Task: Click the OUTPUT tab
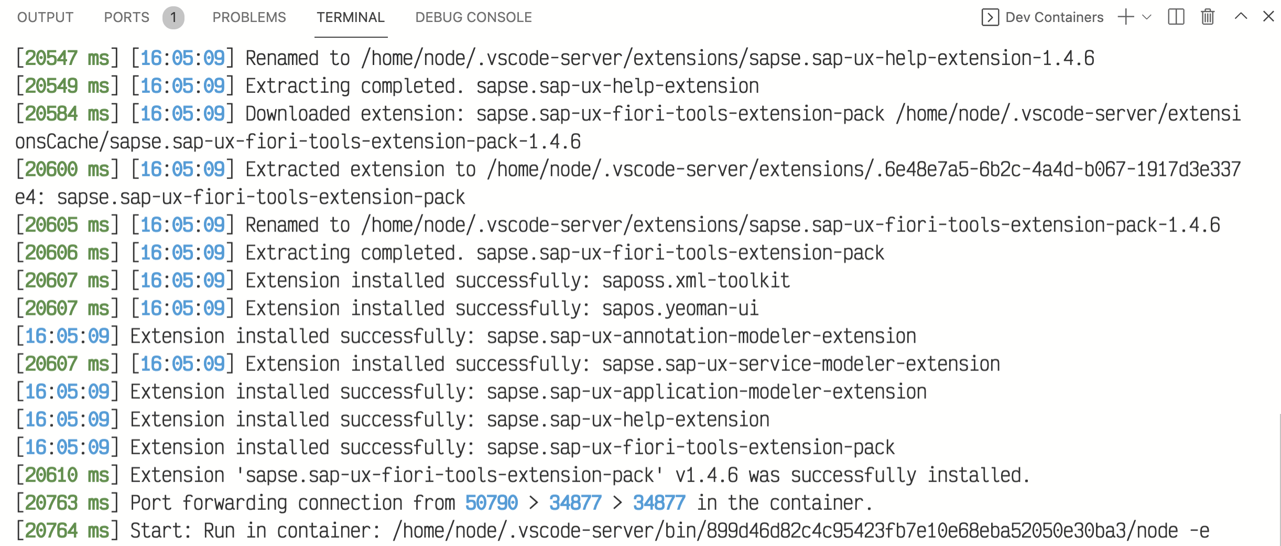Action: pyautogui.click(x=45, y=17)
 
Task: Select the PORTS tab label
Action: pyautogui.click(x=127, y=17)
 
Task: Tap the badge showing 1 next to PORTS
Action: pyautogui.click(x=173, y=18)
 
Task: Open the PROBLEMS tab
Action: pyautogui.click(x=249, y=17)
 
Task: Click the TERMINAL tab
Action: pyautogui.click(x=351, y=17)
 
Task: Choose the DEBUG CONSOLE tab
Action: pyautogui.click(x=473, y=17)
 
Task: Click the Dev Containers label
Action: pyautogui.click(x=1054, y=17)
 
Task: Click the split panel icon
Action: pyautogui.click(x=1176, y=17)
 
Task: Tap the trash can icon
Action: pyautogui.click(x=1208, y=17)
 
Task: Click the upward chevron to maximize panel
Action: pyautogui.click(x=1241, y=16)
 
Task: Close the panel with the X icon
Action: pyautogui.click(x=1268, y=17)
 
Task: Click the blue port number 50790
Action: pyautogui.click(x=492, y=503)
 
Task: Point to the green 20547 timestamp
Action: pyautogui.click(x=51, y=58)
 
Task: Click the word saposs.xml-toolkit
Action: pyautogui.click(x=696, y=281)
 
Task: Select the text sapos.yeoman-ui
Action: pyautogui.click(x=680, y=309)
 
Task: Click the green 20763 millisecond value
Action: pyautogui.click(x=51, y=503)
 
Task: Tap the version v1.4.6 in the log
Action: pyautogui.click(x=707, y=475)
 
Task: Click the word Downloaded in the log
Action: pyautogui.click(x=298, y=114)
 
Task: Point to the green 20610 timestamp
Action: pyautogui.click(x=51, y=475)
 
